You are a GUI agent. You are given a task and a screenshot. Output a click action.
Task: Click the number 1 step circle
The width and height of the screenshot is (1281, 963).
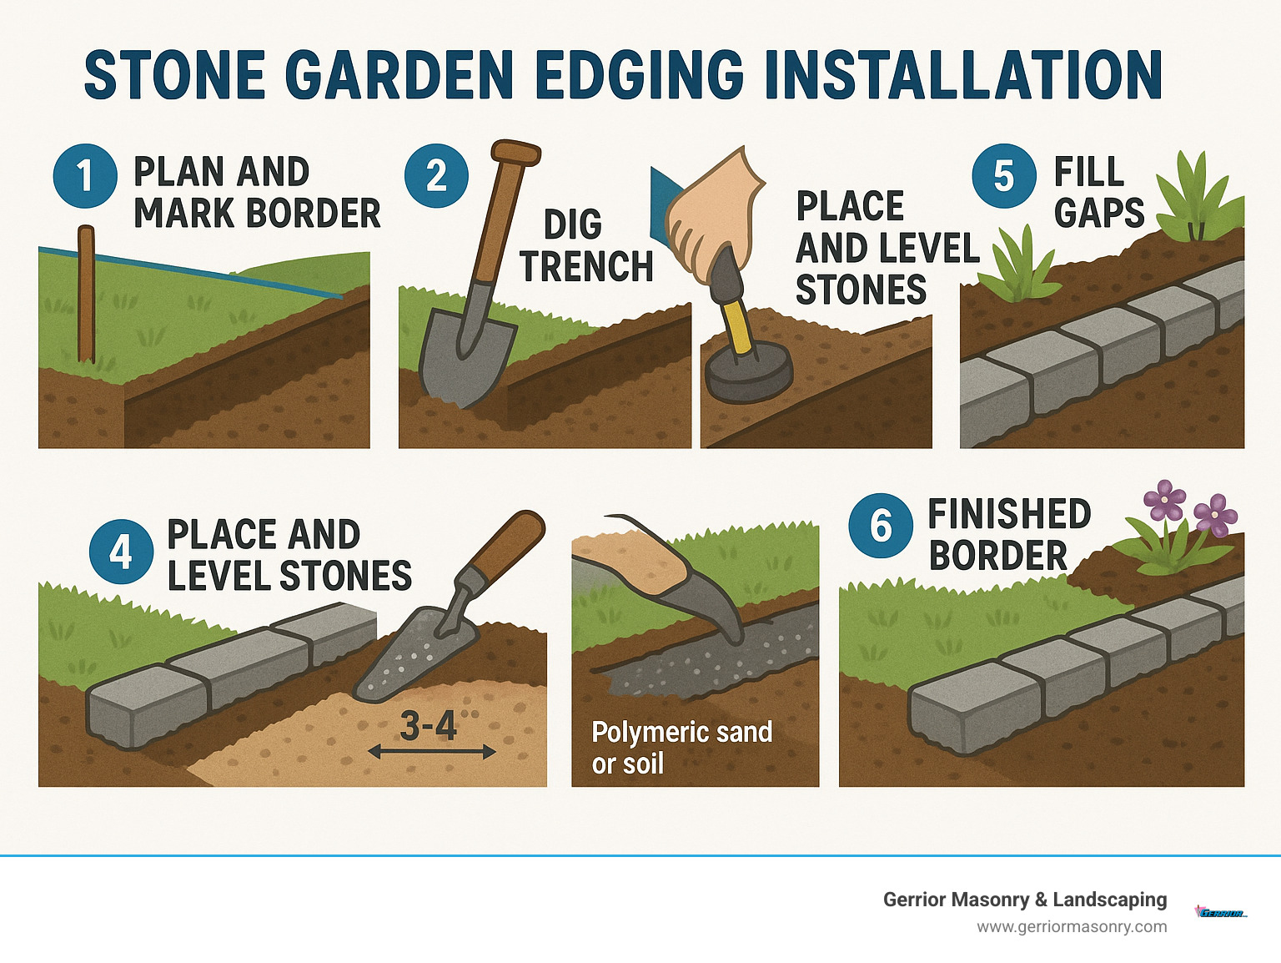[84, 176]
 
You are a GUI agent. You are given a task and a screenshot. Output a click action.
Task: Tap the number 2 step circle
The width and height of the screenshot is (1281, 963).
[436, 176]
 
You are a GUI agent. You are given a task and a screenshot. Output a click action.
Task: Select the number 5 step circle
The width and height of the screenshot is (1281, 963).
[1004, 176]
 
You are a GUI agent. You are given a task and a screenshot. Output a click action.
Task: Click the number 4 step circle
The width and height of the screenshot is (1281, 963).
[121, 551]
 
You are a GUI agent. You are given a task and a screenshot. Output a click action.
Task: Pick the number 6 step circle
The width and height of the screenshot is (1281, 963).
[881, 526]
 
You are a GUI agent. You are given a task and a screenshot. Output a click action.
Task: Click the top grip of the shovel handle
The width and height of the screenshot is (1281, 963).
[516, 154]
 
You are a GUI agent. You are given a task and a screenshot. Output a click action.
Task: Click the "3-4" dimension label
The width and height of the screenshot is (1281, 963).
[429, 726]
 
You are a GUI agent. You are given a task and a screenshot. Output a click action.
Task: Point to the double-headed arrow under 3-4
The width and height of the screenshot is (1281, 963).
[432, 752]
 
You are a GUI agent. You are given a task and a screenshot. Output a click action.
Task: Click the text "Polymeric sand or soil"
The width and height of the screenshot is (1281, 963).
[681, 748]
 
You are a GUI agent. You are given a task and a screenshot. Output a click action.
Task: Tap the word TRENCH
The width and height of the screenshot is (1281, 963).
[586, 267]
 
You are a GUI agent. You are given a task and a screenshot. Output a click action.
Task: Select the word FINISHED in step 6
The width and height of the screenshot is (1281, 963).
[1009, 514]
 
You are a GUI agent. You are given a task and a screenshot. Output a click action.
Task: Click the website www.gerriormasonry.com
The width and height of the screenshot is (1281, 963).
[1072, 926]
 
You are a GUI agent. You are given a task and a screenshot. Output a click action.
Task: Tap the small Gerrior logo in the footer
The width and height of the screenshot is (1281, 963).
[1221, 912]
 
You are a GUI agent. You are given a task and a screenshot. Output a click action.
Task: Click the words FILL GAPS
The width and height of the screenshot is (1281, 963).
[1098, 193]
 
